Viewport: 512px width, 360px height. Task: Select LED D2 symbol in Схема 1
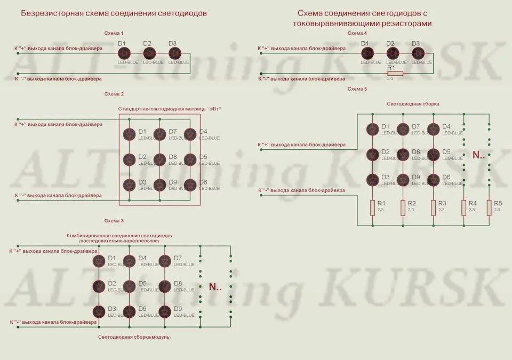point(150,53)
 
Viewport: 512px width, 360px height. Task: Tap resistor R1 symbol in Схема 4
point(395,74)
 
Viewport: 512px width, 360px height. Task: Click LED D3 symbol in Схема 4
point(418,53)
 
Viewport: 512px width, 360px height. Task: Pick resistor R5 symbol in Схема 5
point(489,208)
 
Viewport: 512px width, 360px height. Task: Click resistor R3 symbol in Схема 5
point(433,208)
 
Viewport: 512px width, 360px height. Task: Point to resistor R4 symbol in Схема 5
point(463,208)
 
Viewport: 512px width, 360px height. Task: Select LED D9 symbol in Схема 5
point(403,180)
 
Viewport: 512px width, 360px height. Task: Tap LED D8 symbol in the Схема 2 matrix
point(159,159)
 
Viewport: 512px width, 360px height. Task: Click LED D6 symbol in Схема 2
point(190,185)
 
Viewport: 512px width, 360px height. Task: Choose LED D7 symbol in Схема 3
point(165,261)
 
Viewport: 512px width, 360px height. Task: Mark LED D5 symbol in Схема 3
point(129,286)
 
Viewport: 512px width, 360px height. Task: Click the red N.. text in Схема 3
point(215,287)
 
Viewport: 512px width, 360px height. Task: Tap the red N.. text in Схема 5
point(478,156)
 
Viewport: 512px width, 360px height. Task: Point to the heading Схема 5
point(357,89)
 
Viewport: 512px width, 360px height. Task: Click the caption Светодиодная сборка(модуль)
point(134,337)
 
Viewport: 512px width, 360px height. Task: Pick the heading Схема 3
point(114,220)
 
